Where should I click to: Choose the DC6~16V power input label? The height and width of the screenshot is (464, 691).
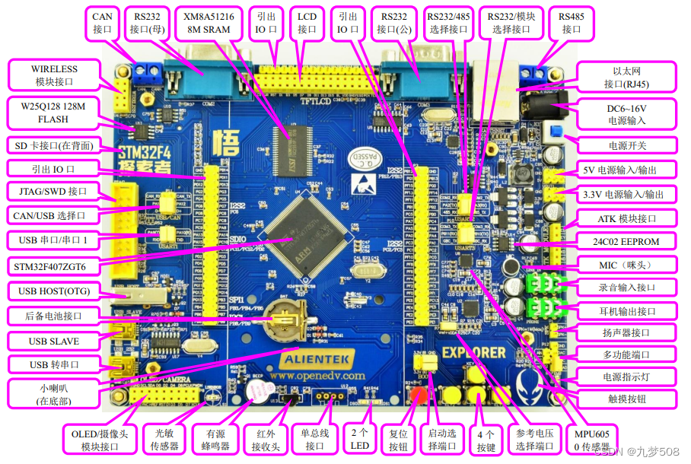point(626,113)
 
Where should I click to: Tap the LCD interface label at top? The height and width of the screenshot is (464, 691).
point(307,22)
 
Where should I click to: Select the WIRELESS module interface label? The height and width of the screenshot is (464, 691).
point(54,75)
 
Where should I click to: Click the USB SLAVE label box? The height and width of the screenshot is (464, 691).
point(54,341)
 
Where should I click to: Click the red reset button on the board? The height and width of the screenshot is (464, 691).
point(418,395)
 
